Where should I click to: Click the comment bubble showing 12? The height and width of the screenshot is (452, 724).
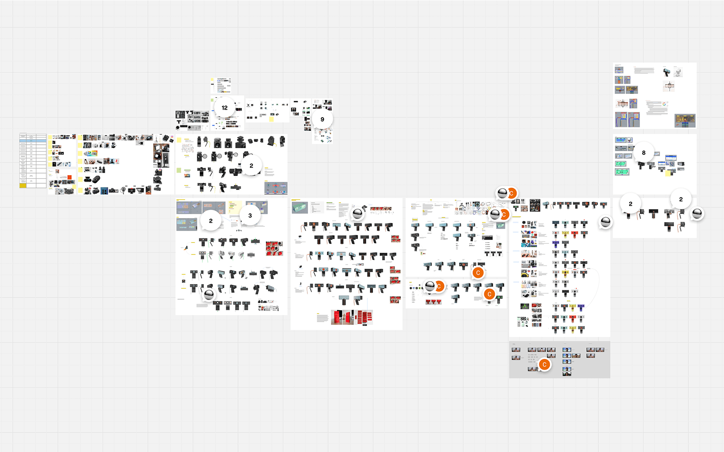tap(224, 107)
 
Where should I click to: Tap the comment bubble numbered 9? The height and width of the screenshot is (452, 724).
tap(322, 119)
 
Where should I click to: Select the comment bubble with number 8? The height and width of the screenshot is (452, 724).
tap(644, 152)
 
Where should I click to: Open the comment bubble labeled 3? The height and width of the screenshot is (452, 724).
tap(250, 215)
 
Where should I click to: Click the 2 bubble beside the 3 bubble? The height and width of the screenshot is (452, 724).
tap(211, 220)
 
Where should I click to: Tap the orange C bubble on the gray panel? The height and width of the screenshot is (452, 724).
tap(544, 364)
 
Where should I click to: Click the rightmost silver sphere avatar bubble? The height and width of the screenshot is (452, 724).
tap(697, 213)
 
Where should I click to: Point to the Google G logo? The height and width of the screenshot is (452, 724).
tap(664, 104)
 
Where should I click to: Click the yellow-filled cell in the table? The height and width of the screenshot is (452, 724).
tap(23, 185)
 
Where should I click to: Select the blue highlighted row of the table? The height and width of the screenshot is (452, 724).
tap(33, 141)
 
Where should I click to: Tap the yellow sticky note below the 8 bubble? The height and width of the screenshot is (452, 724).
tap(669, 173)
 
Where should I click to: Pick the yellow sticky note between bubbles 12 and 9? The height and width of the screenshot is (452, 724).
tap(271, 119)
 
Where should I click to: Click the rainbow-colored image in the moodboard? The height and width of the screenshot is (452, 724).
tap(91, 153)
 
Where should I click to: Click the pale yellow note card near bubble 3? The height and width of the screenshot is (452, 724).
tap(232, 207)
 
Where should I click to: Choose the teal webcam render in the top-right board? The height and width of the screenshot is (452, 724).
tap(666, 72)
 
